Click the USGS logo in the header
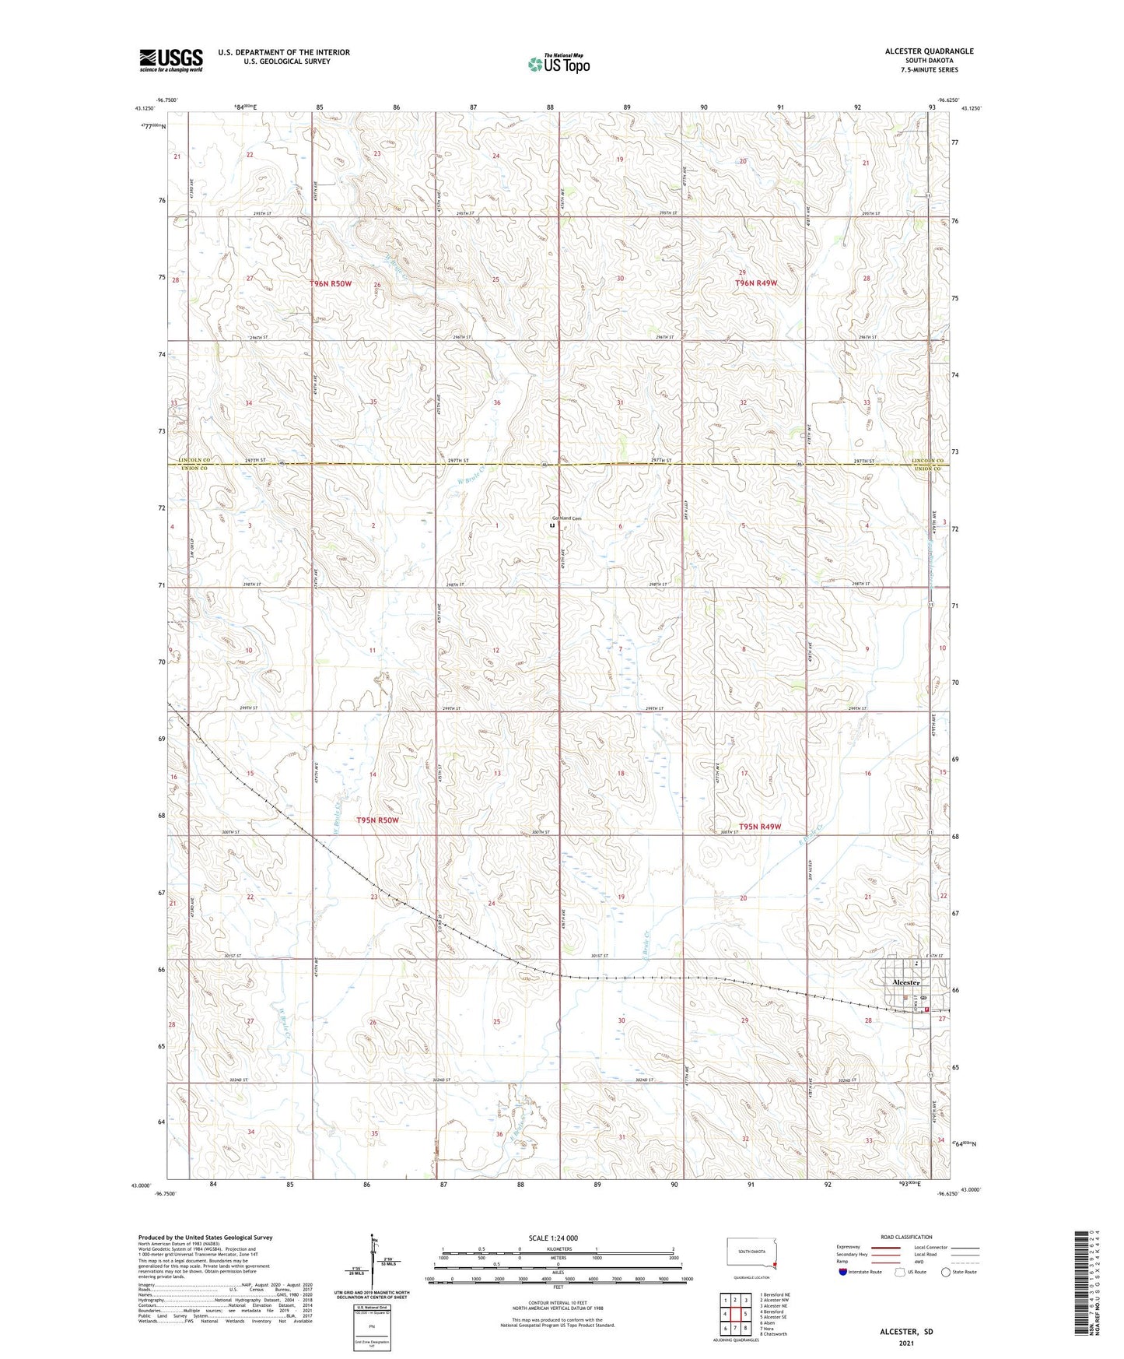pyautogui.click(x=170, y=59)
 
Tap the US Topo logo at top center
pyautogui.click(x=558, y=63)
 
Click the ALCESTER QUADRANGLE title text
pyautogui.click(x=929, y=51)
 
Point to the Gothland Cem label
pyautogui.click(x=566, y=518)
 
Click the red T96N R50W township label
pyautogui.click(x=331, y=284)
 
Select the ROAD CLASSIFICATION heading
pyautogui.click(x=906, y=1237)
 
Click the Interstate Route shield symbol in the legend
pyautogui.click(x=843, y=1272)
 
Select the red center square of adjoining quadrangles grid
pyautogui.click(x=735, y=1314)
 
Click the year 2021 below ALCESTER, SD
pyautogui.click(x=906, y=1343)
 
